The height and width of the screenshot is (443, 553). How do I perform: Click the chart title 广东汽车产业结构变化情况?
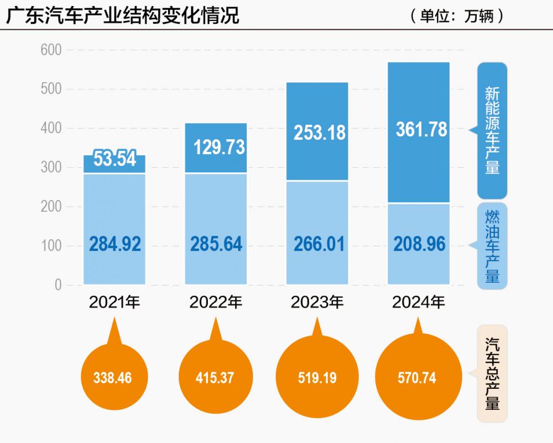click(123, 15)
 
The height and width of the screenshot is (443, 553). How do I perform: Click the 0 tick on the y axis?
click(58, 286)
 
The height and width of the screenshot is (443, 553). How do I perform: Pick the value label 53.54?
click(114, 159)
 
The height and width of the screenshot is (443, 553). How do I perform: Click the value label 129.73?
click(219, 147)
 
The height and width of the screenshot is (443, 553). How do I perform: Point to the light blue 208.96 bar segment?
click(419, 244)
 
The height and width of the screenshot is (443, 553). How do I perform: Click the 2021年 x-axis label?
click(114, 303)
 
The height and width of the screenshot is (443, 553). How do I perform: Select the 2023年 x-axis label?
click(317, 303)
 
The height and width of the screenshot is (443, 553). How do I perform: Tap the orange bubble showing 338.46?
click(114, 378)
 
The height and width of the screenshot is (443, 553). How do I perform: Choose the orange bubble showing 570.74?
click(417, 378)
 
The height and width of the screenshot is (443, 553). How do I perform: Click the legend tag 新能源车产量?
click(492, 130)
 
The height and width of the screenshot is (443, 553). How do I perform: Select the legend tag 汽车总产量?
click(492, 374)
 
